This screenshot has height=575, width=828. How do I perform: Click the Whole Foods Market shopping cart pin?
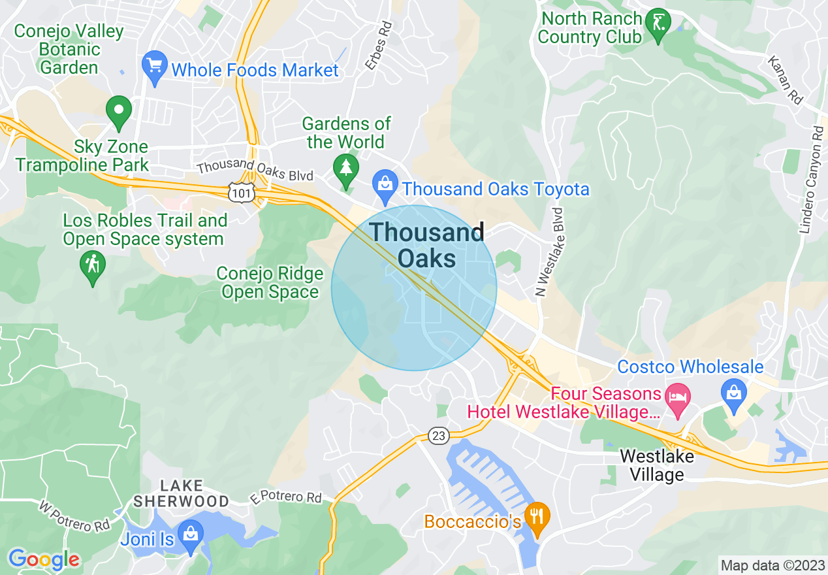(155, 67)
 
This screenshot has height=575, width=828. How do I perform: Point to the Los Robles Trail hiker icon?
(93, 267)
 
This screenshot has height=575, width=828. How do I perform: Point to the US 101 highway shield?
(240, 191)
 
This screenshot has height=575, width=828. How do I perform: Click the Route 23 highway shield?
(439, 436)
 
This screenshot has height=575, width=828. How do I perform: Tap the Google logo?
(44, 559)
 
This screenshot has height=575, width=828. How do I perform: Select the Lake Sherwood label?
(180, 494)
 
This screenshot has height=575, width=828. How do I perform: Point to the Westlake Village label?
(656, 465)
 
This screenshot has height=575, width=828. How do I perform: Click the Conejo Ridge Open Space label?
(270, 283)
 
